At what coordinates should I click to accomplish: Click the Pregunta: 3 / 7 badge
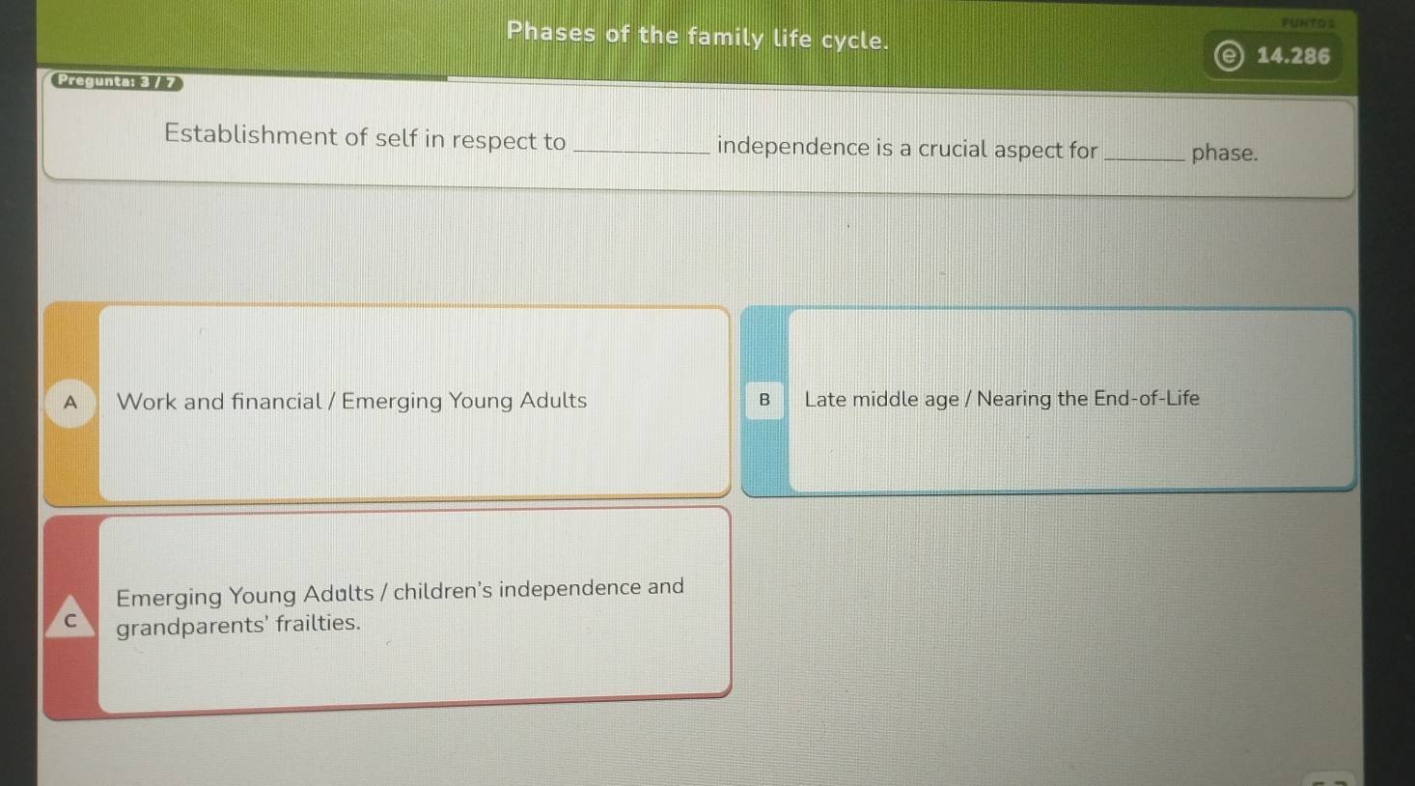click(x=117, y=81)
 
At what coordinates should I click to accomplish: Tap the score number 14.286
click(x=1293, y=56)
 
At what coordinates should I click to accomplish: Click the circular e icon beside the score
click(x=1229, y=56)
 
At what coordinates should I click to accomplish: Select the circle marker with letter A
click(x=70, y=403)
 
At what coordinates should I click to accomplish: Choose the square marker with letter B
click(x=764, y=400)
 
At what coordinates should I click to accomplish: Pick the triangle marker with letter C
click(x=70, y=617)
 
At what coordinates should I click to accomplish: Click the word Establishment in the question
click(x=251, y=134)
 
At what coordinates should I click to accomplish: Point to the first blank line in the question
click(x=641, y=153)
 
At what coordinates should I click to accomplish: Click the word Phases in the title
click(x=551, y=32)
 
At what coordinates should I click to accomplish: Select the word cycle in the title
click(x=854, y=41)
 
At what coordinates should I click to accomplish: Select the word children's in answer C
click(x=442, y=591)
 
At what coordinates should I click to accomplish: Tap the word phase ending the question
click(x=1224, y=153)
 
